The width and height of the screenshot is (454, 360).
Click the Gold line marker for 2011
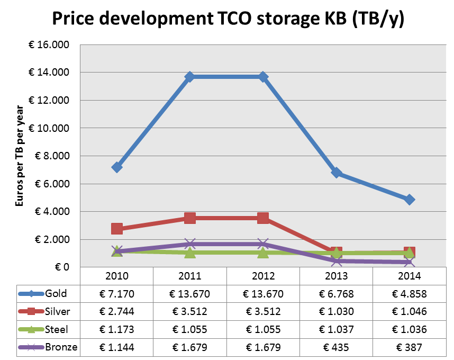[190, 77]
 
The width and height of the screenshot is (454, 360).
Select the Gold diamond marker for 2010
[117, 167]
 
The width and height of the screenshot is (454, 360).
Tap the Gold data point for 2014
[409, 200]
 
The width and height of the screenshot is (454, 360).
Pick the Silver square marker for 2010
[117, 229]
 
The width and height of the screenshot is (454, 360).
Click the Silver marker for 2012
[263, 218]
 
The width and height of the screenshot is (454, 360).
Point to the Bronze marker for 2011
[190, 244]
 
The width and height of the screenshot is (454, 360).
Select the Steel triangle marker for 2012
[263, 253]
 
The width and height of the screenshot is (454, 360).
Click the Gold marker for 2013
[336, 173]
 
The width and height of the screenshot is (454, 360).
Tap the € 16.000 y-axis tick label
[49, 44]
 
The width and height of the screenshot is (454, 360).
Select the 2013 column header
[336, 276]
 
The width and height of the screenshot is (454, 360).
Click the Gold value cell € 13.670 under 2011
[190, 294]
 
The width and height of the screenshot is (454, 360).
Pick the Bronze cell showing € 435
[336, 347]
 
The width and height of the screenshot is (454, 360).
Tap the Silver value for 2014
[409, 312]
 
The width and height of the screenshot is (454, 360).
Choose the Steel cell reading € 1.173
[117, 330]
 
